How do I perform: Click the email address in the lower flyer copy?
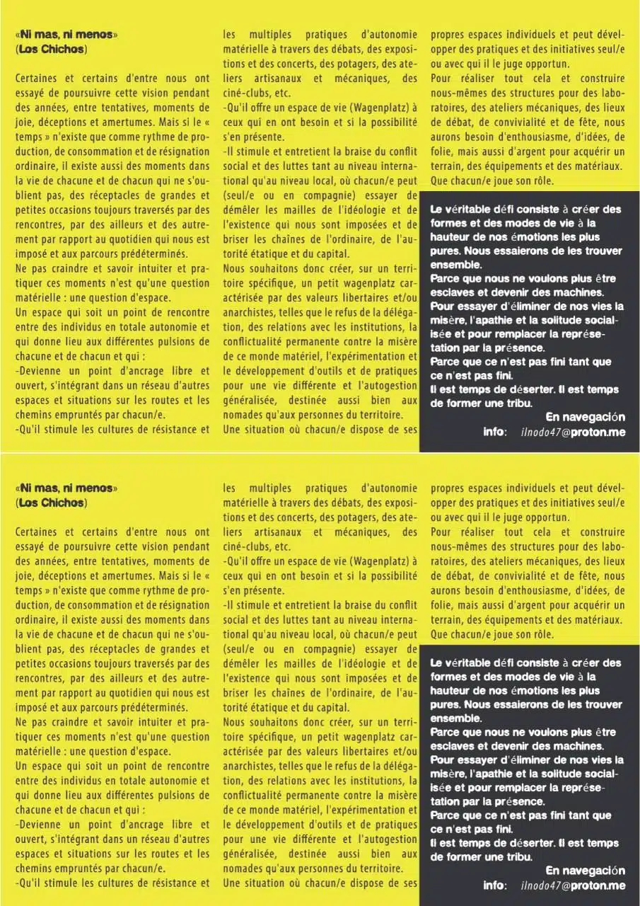pyautogui.click(x=573, y=885)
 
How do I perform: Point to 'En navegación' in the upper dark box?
pyautogui.click(x=586, y=416)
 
